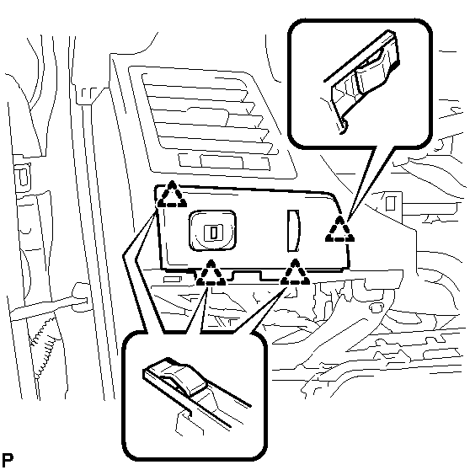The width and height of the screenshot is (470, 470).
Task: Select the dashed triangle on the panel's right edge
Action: point(339,229)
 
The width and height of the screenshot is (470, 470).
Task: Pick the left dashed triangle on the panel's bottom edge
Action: point(211,274)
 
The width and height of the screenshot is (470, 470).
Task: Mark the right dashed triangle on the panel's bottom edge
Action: point(295,273)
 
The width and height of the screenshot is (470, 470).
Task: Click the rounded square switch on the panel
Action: point(212,231)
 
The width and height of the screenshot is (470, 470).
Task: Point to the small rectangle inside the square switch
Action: point(213,232)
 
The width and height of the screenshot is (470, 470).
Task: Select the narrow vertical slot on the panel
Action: point(293,231)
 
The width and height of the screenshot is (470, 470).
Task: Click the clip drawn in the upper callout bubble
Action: point(365,79)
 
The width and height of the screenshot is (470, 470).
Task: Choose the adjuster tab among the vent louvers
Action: point(208,116)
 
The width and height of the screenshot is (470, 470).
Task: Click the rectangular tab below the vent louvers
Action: point(222,162)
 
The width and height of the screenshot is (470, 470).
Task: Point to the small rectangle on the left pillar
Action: point(23,177)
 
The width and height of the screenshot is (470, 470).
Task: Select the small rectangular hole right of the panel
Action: point(390,203)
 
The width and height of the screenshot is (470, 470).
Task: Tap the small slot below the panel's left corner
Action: point(172,280)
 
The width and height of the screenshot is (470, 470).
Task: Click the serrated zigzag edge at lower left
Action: point(45,348)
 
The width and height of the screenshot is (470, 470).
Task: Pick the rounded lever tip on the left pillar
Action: point(80,296)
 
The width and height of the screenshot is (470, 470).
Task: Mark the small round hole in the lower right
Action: point(376,307)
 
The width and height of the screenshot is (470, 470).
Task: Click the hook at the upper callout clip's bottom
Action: point(344,126)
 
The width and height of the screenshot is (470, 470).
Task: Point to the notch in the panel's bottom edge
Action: point(247,275)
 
